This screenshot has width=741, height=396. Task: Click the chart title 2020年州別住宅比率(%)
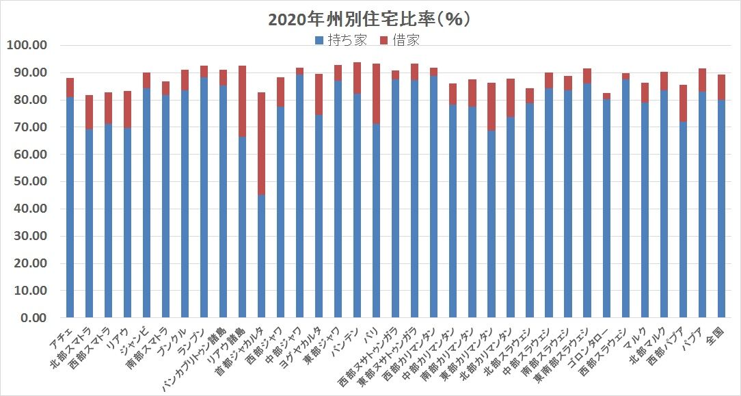pyautogui.click(x=369, y=19)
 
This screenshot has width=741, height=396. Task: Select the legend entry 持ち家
pyautogui.click(x=341, y=40)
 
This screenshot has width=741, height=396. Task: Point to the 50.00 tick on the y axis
pyautogui.click(x=25, y=182)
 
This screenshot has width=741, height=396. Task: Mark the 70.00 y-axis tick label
pyautogui.click(x=25, y=127)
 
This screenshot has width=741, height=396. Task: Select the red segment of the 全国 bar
pyautogui.click(x=721, y=88)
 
